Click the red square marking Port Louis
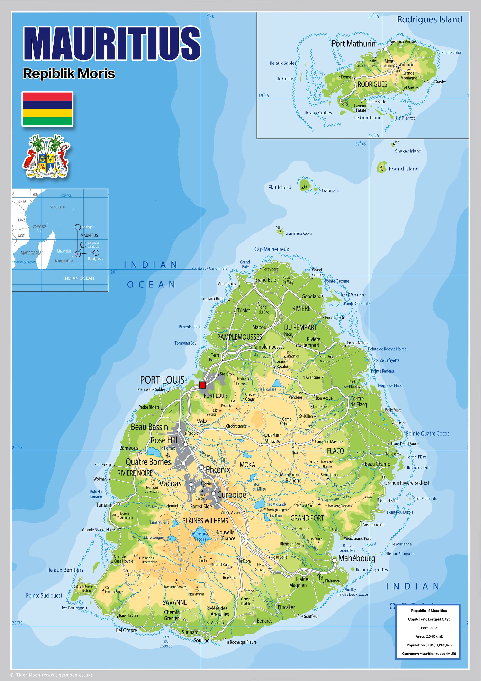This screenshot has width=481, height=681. pos(202,385)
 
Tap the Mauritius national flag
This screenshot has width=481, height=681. pos(47,109)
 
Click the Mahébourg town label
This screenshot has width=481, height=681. pos(357,558)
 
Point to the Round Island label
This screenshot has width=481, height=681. pos(404,169)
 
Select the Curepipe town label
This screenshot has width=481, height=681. pos(231,495)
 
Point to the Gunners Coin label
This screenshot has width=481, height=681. pos(299,233)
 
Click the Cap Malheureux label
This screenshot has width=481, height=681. pos(271,249)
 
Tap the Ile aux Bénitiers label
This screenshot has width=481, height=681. pos(65,570)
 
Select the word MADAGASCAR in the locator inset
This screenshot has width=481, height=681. pos(32,253)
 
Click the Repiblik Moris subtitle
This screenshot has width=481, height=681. pos(69,73)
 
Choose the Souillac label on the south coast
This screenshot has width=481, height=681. pos(201,641)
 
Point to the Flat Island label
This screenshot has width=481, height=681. pos(280,188)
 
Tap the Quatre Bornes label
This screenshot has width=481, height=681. pos(148,462)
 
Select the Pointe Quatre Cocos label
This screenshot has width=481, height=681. pos(427,434)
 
